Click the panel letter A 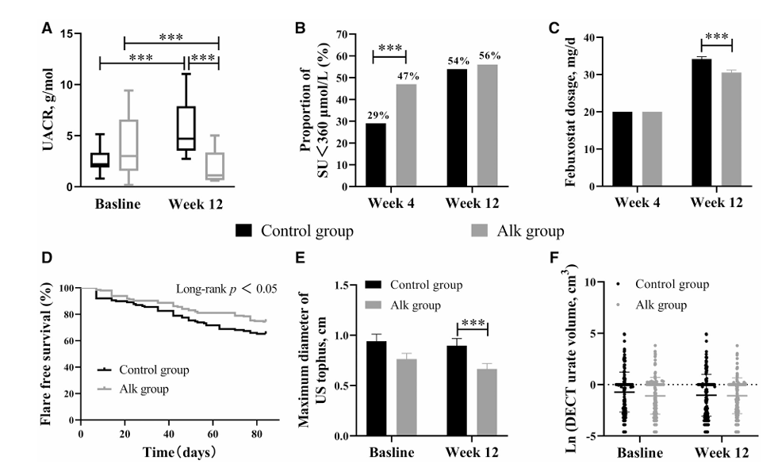(x=48, y=29)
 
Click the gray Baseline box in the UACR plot (x=128, y=145)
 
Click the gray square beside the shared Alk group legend (x=480, y=231)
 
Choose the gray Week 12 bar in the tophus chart (x=485, y=402)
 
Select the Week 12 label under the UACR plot (x=195, y=204)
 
